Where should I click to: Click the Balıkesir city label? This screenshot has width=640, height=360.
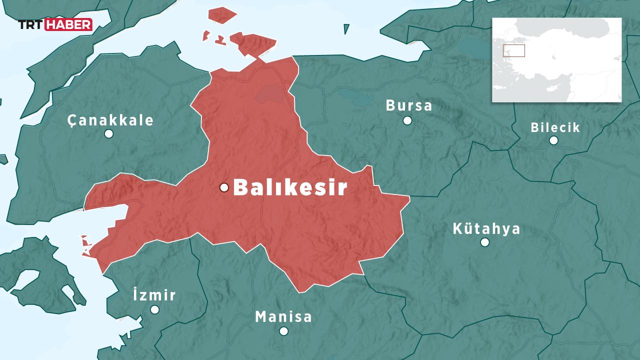pos(290,188)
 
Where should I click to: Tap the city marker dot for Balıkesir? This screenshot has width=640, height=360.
pos(224,187)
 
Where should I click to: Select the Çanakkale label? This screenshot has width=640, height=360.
pos(110,120)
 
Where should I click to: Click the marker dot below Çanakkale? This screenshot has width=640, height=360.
pos(108,133)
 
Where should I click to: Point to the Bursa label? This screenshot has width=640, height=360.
pos(408,106)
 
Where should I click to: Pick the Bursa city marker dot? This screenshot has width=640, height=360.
pos(407,120)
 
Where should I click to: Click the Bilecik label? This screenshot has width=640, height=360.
pos(555,127)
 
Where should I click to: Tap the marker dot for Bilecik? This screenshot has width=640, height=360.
pos(553,140)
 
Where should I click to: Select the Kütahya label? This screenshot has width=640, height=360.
pos(486,229)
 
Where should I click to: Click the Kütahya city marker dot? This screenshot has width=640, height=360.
pos(484,242)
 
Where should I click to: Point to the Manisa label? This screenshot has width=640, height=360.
pos(283,316)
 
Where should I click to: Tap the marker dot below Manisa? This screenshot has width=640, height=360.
pos(283,331)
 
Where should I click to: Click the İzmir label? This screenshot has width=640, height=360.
pos(154,295)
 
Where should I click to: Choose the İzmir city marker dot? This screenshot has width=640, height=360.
pos(154,309)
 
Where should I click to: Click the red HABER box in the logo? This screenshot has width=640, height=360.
pos(68,24)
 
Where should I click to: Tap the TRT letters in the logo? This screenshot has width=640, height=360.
pos(31,24)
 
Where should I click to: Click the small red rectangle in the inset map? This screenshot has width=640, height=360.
pos(513,50)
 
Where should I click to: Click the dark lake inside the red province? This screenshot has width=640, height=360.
pos(270,93)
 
